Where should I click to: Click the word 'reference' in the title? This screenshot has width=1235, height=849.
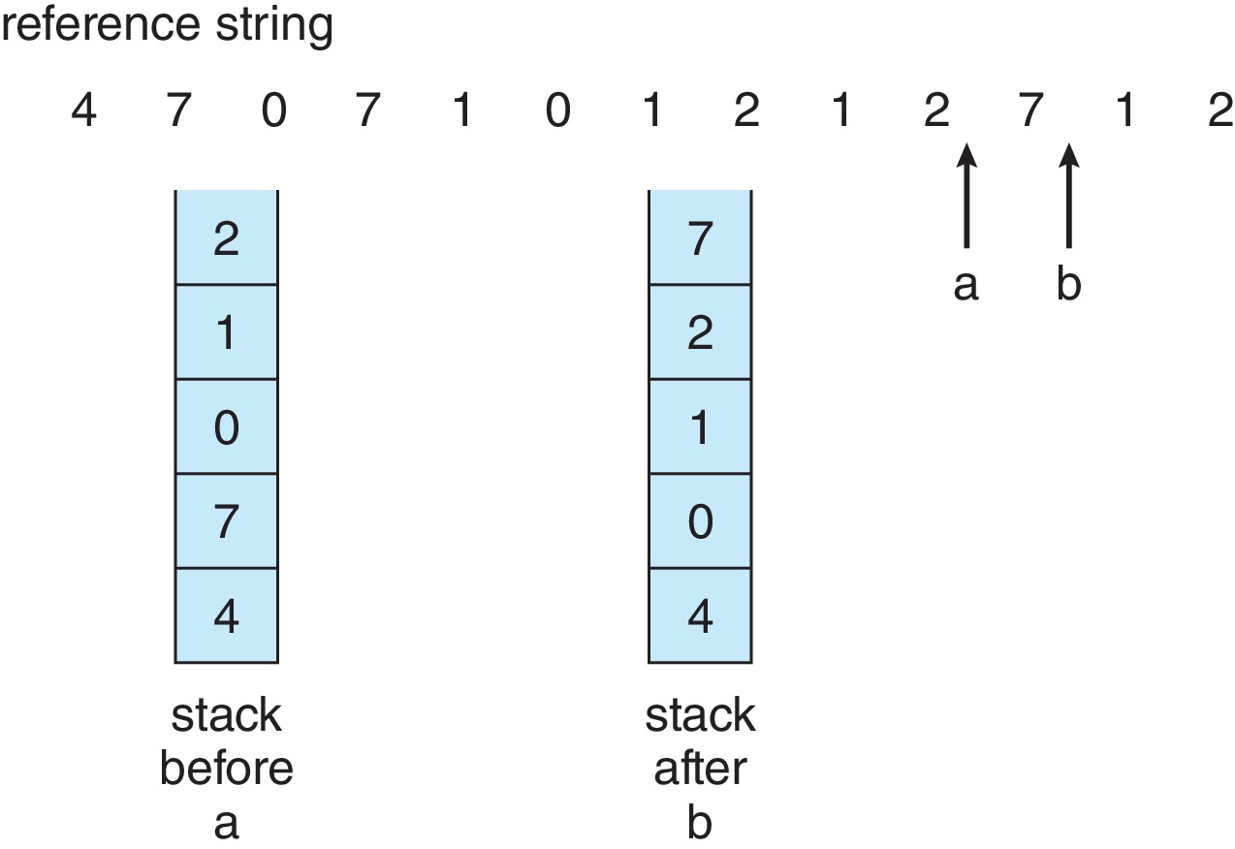pyautogui.click(x=101, y=25)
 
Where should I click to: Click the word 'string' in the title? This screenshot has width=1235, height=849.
pyautogui.click(x=274, y=27)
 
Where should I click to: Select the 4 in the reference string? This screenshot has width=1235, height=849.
pyautogui.click(x=83, y=110)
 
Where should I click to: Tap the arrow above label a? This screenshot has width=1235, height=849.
pyautogui.click(x=966, y=196)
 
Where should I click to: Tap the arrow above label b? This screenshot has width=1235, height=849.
pyautogui.click(x=1068, y=196)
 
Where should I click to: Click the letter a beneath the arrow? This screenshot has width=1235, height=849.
pyautogui.click(x=966, y=286)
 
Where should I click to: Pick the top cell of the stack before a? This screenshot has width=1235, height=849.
pyautogui.click(x=227, y=237)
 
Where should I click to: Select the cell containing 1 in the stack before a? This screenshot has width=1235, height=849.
pyautogui.click(x=227, y=331)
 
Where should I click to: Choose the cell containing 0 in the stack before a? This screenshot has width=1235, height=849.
pyautogui.click(x=227, y=426)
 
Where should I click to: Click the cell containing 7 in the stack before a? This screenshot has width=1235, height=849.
pyautogui.click(x=227, y=520)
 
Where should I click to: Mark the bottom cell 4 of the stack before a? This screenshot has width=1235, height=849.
pyautogui.click(x=227, y=615)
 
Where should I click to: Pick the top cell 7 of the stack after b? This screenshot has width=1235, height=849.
pyautogui.click(x=700, y=237)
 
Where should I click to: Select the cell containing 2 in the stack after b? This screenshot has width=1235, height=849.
pyautogui.click(x=700, y=331)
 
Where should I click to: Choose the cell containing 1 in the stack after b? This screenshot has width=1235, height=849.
pyautogui.click(x=700, y=426)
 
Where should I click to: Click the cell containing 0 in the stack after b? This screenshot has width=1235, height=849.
pyautogui.click(x=700, y=520)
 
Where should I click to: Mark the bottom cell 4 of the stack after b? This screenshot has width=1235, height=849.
pyautogui.click(x=700, y=615)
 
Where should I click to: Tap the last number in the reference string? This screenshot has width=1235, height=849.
pyautogui.click(x=1219, y=110)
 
